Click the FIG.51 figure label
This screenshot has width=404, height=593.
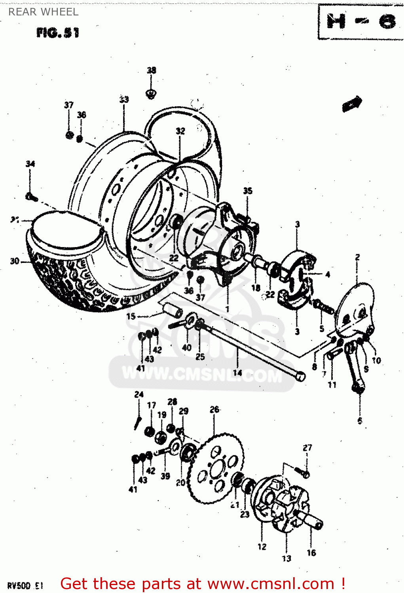(x=58, y=32)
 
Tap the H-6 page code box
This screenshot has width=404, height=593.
(x=360, y=21)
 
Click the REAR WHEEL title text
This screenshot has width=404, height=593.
(x=44, y=12)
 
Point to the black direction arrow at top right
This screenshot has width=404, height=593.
(x=352, y=104)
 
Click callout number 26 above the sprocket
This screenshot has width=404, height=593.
(x=214, y=410)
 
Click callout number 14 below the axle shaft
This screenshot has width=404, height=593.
(x=237, y=372)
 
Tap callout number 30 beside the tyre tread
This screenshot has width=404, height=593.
(x=15, y=261)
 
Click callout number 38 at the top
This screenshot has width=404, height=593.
(x=152, y=70)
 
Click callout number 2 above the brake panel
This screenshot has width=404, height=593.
(x=357, y=257)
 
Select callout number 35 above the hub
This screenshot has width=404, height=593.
(x=248, y=191)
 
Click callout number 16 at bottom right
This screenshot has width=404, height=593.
(x=311, y=553)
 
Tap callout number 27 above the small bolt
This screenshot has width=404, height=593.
(x=307, y=448)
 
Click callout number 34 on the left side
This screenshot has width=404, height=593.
(x=30, y=164)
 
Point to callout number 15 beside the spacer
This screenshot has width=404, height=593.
(x=131, y=316)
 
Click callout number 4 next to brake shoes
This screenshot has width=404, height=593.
(x=328, y=274)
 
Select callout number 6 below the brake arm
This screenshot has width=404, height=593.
(x=360, y=421)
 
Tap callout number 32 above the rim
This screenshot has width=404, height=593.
(x=180, y=131)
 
